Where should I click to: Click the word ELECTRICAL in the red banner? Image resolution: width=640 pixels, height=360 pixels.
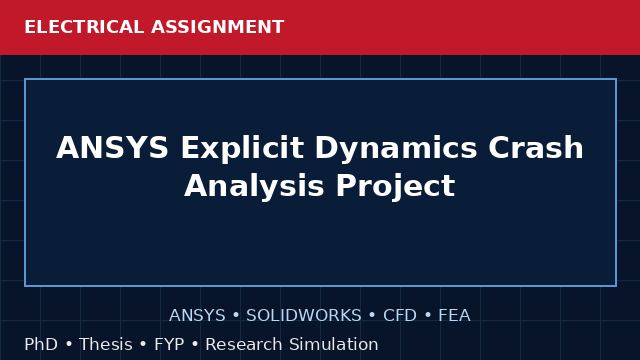[84, 27]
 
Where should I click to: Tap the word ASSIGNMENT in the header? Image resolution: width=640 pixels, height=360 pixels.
[218, 27]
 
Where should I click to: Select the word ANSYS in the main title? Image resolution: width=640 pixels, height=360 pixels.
[112, 147]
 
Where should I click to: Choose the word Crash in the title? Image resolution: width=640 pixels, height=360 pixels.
[536, 147]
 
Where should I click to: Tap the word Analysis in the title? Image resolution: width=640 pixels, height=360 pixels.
[254, 187]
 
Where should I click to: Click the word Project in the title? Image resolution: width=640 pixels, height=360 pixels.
[396, 187]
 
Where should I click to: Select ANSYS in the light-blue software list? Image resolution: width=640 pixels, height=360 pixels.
[197, 316]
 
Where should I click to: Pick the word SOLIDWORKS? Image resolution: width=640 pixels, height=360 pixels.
[304, 316]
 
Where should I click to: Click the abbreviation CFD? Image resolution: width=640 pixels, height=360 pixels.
[400, 316]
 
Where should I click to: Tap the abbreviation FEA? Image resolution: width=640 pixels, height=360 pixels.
[454, 316]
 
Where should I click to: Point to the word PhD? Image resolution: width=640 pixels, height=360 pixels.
[41, 344]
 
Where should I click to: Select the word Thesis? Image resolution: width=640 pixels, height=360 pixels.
[106, 344]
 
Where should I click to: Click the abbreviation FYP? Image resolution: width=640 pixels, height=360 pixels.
[169, 344]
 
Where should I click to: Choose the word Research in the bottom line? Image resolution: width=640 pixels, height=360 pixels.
[243, 344]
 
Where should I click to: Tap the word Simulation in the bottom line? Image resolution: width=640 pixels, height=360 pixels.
[334, 344]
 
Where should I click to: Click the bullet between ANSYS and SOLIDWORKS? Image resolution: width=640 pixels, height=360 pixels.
[236, 316]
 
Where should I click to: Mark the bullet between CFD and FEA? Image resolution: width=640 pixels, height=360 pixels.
[428, 316]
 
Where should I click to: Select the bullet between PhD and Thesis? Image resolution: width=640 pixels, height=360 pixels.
[69, 344]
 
